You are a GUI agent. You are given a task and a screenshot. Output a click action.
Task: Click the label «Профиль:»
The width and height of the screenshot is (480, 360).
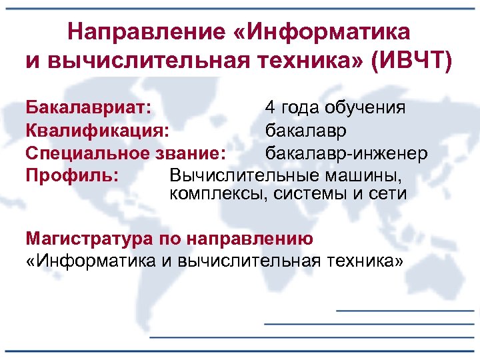[72, 175]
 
